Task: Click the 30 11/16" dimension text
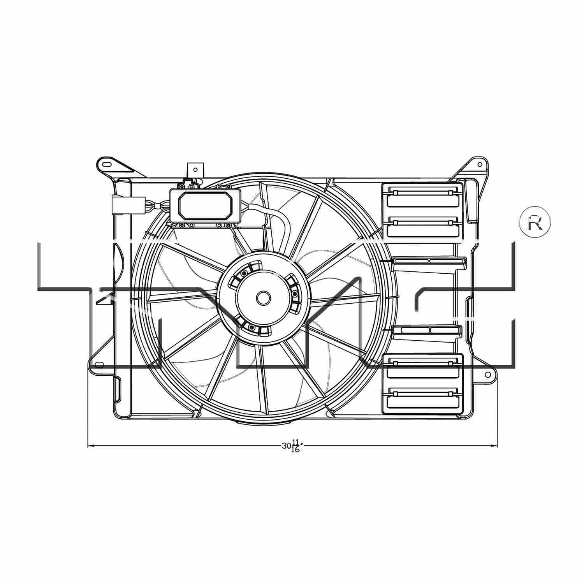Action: tap(292, 446)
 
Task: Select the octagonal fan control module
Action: tap(205, 206)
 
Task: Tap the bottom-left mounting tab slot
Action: tap(100, 365)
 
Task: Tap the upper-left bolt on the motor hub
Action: tap(244, 274)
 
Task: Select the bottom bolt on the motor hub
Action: tap(252, 327)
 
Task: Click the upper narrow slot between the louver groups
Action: tap(428, 262)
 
